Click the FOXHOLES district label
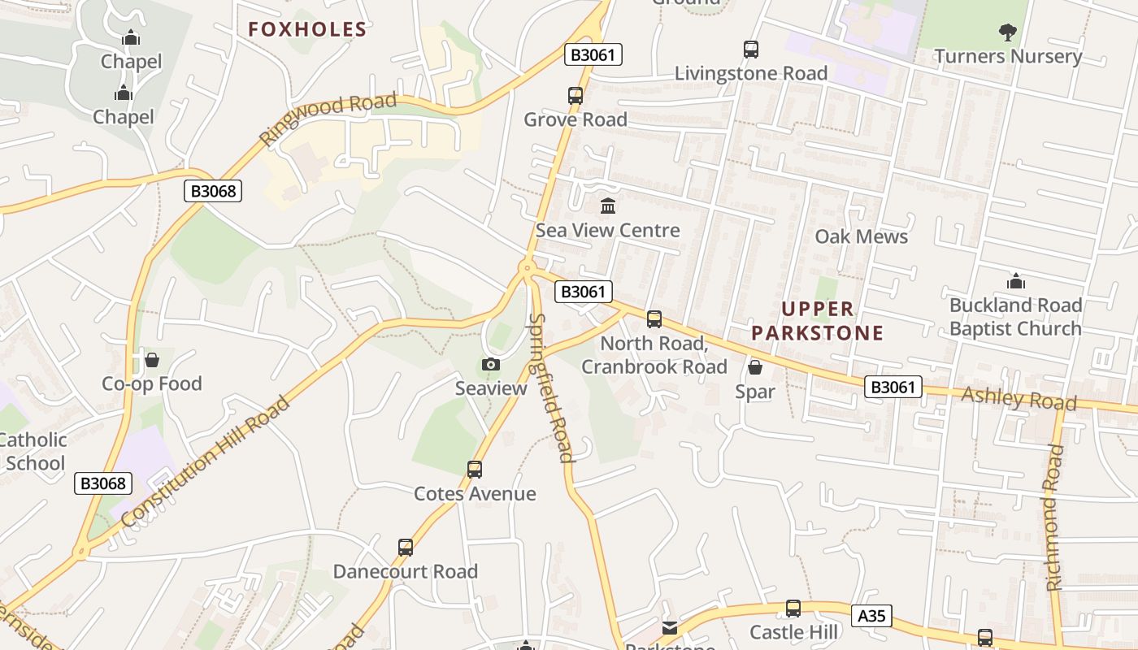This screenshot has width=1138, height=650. (307, 30)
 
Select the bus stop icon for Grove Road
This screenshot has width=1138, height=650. (576, 96)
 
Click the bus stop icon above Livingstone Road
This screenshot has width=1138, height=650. (751, 50)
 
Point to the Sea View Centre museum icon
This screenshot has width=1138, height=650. (608, 206)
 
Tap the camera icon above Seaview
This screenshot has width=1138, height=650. (491, 364)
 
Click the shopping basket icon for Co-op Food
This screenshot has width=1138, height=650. (152, 359)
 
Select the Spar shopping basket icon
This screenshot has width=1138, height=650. (755, 367)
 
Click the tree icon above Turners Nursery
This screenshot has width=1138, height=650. (1008, 32)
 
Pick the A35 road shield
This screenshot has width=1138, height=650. (871, 616)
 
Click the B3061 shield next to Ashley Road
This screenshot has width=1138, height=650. (893, 387)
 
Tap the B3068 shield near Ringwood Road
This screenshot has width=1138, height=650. (214, 191)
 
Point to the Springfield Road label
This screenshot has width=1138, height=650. (550, 388)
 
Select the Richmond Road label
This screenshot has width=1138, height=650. (1053, 518)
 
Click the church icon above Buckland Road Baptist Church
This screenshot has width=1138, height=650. (1015, 282)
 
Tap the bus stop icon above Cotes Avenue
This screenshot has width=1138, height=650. (475, 469)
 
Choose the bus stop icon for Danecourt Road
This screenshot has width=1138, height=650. (406, 547)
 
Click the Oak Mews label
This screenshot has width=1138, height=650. (861, 236)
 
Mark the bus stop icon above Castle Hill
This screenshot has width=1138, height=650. (793, 608)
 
